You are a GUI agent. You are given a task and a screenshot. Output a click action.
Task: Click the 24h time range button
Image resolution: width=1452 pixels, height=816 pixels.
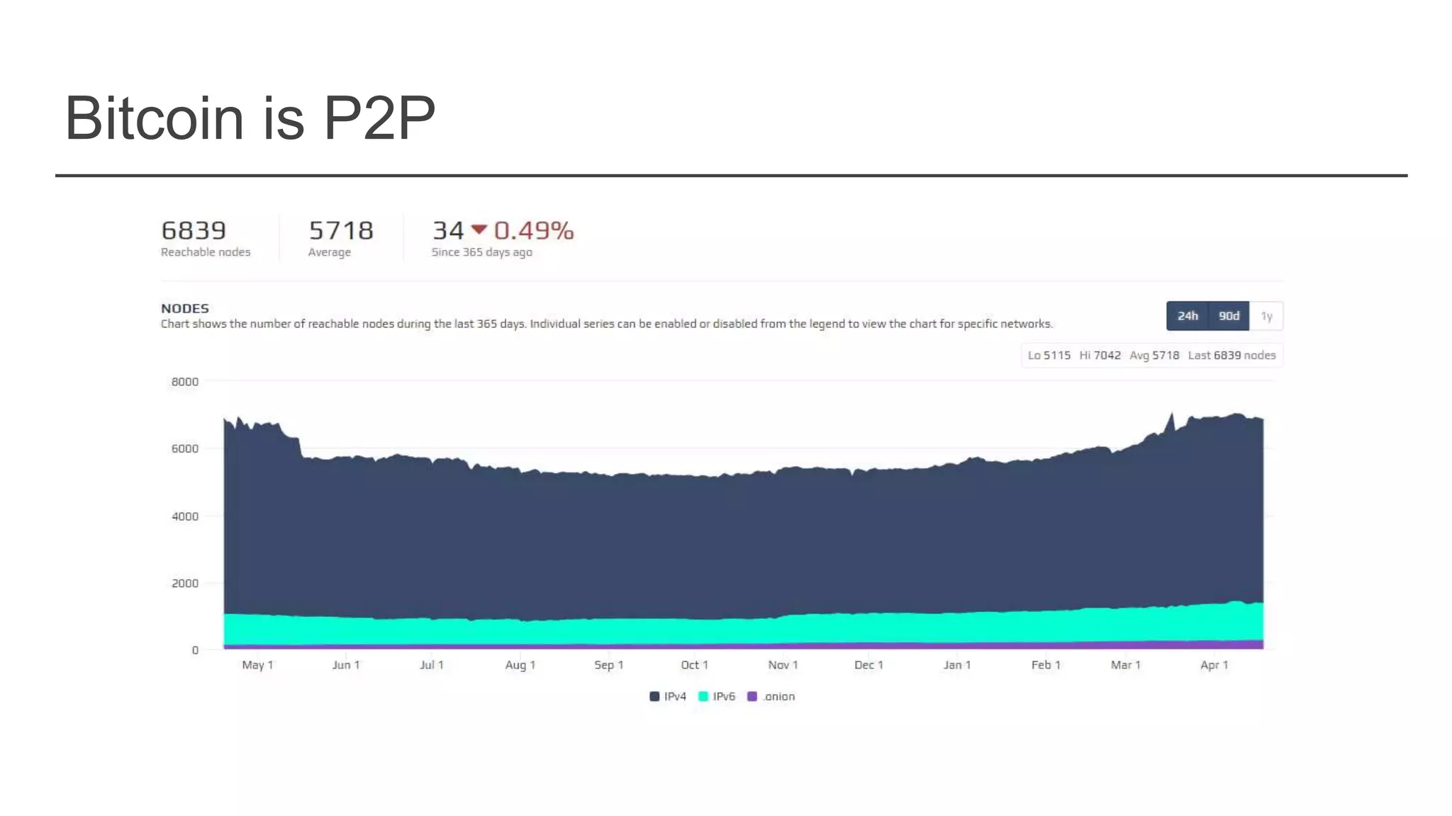click(x=1188, y=316)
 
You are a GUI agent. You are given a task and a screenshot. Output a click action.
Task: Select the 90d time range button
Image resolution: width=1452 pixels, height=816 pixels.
click(x=1229, y=316)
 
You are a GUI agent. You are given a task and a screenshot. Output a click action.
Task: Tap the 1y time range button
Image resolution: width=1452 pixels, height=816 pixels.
click(x=1266, y=316)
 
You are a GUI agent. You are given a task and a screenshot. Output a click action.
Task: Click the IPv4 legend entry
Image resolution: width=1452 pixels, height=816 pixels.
click(x=668, y=696)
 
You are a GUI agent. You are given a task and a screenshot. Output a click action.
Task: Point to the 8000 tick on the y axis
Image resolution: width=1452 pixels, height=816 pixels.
click(x=184, y=382)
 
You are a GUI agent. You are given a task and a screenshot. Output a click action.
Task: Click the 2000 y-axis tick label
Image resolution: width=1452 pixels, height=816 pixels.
click(x=184, y=583)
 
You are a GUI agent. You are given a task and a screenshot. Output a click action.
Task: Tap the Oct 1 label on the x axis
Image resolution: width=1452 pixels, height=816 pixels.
click(x=694, y=664)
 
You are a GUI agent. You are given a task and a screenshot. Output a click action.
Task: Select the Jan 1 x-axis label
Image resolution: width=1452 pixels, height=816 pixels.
click(x=956, y=664)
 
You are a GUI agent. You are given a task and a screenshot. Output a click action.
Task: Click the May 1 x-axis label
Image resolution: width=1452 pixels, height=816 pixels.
click(x=257, y=664)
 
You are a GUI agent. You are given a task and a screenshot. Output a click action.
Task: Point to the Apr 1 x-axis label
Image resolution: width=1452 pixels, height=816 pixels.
click(x=1214, y=664)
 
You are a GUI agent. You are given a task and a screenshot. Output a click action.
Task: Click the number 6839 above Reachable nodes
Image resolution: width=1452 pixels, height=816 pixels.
click(x=194, y=231)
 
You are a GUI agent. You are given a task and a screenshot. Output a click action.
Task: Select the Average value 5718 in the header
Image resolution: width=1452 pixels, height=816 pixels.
click(x=341, y=231)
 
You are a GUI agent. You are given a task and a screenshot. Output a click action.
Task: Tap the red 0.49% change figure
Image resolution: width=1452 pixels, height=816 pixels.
click(x=534, y=231)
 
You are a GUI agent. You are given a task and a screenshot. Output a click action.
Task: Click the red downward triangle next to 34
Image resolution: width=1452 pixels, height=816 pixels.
click(x=479, y=229)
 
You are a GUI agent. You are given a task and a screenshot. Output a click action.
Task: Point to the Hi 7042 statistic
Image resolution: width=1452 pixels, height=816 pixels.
click(x=1100, y=355)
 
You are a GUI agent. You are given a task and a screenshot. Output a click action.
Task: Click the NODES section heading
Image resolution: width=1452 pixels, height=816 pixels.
click(x=185, y=308)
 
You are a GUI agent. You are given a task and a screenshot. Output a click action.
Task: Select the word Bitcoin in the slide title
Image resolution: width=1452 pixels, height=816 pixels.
click(x=155, y=118)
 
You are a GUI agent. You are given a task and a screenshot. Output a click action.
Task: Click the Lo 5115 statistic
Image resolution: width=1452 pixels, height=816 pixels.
click(x=1049, y=355)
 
